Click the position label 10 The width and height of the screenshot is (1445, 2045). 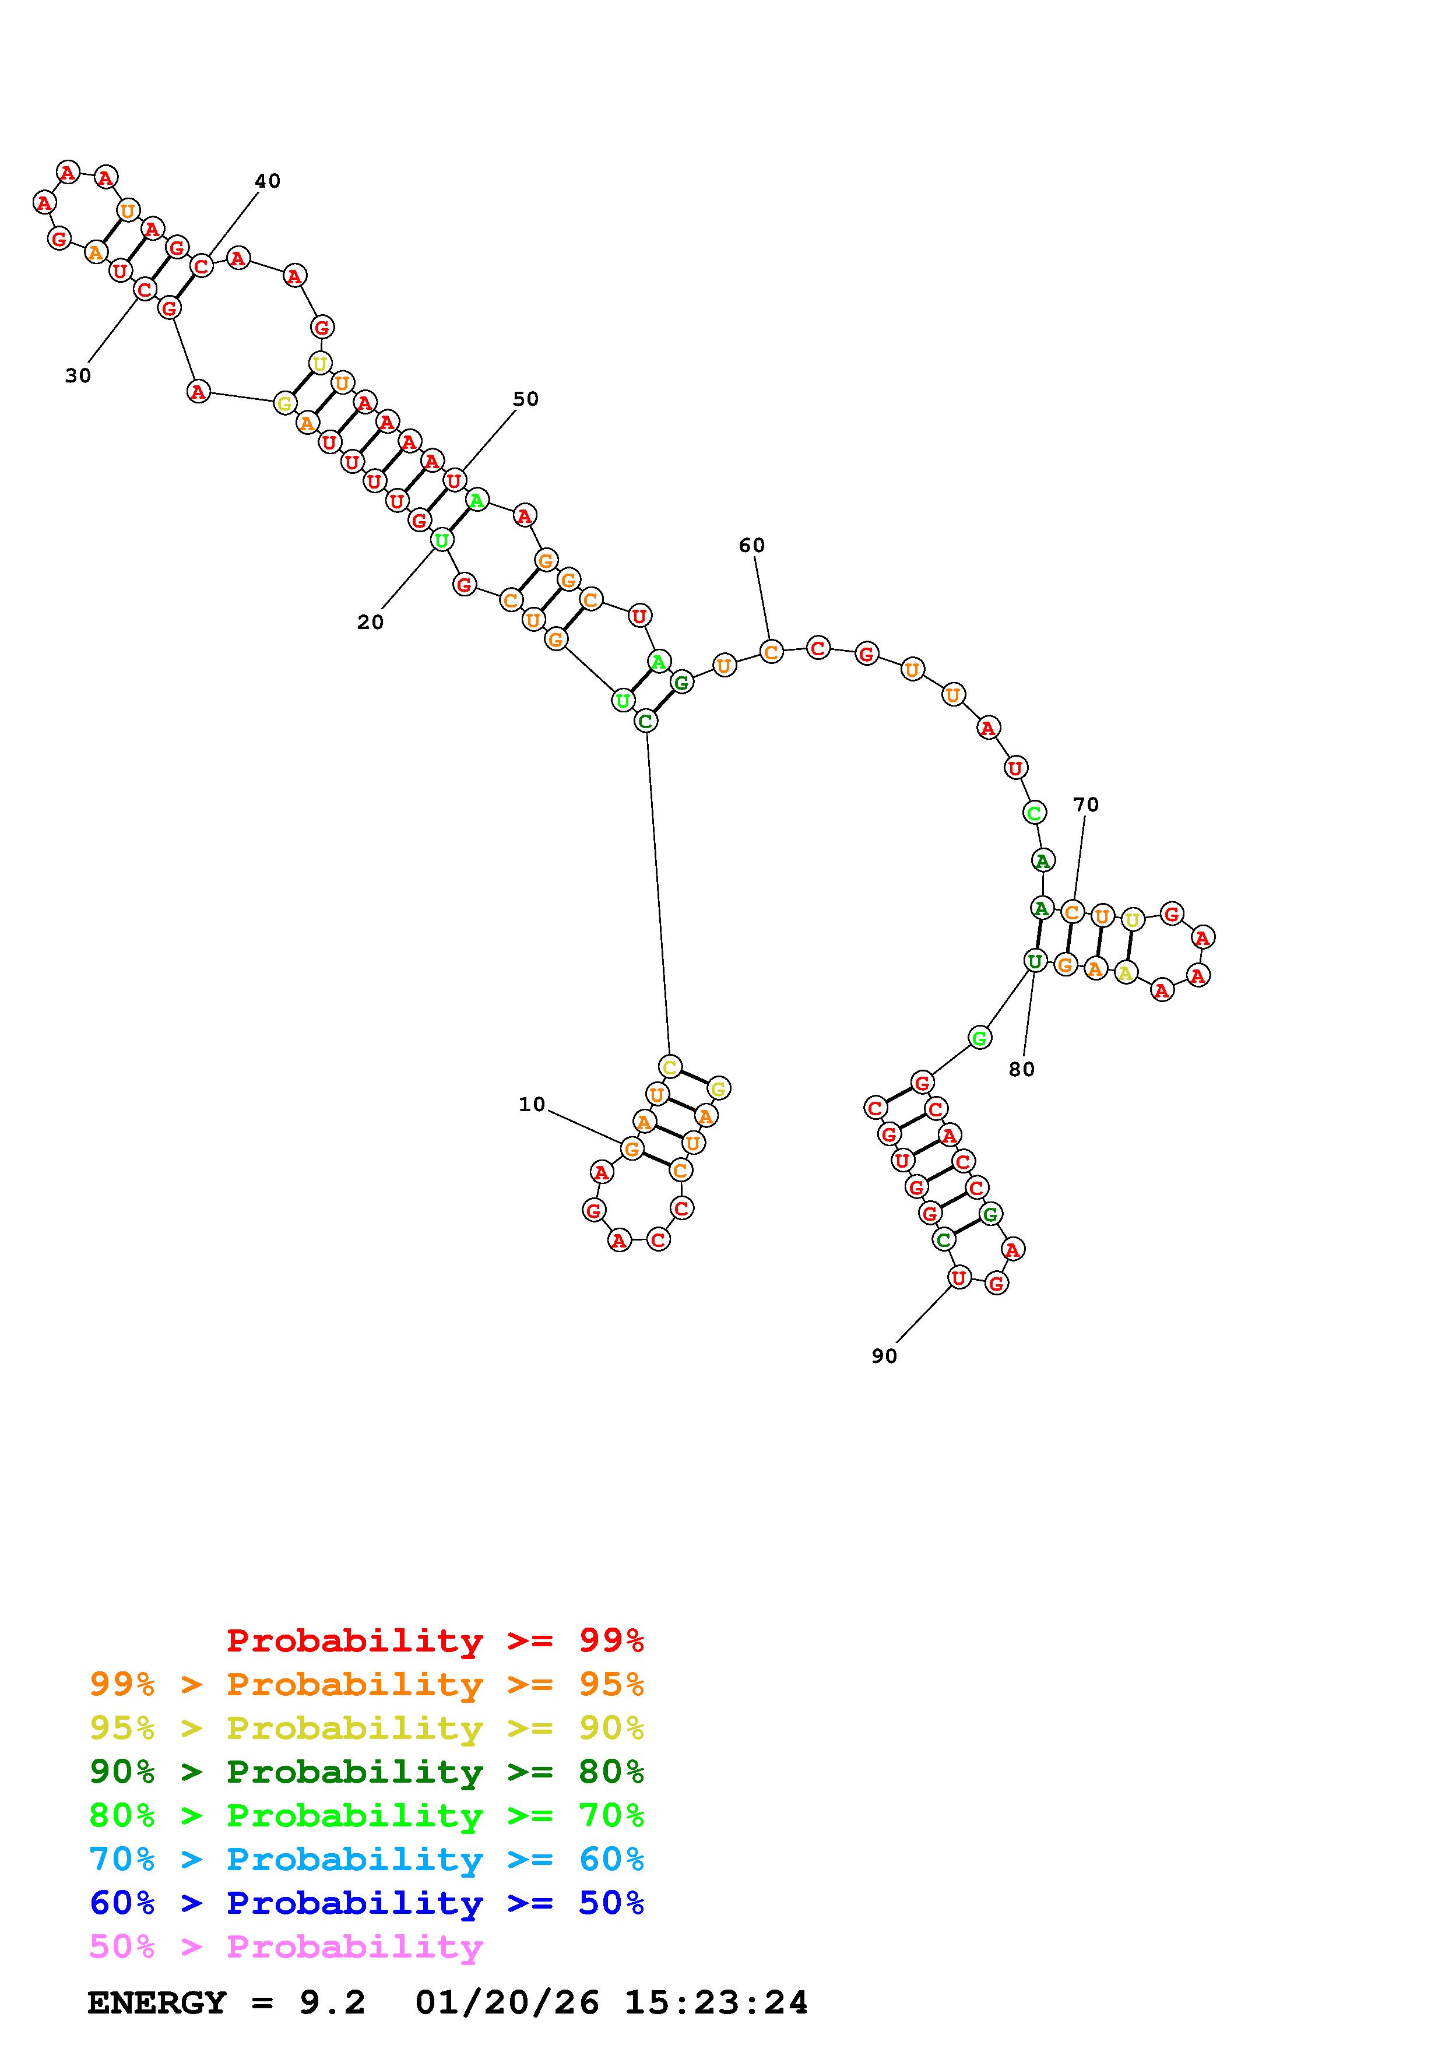click(x=532, y=1105)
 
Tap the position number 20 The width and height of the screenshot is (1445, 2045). click(x=370, y=623)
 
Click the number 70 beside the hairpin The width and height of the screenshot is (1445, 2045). click(x=1085, y=804)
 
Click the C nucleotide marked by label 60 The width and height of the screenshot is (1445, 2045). click(x=771, y=652)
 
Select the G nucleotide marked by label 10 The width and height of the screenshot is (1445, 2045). click(x=631, y=1149)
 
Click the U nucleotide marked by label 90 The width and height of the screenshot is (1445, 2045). click(x=958, y=1277)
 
